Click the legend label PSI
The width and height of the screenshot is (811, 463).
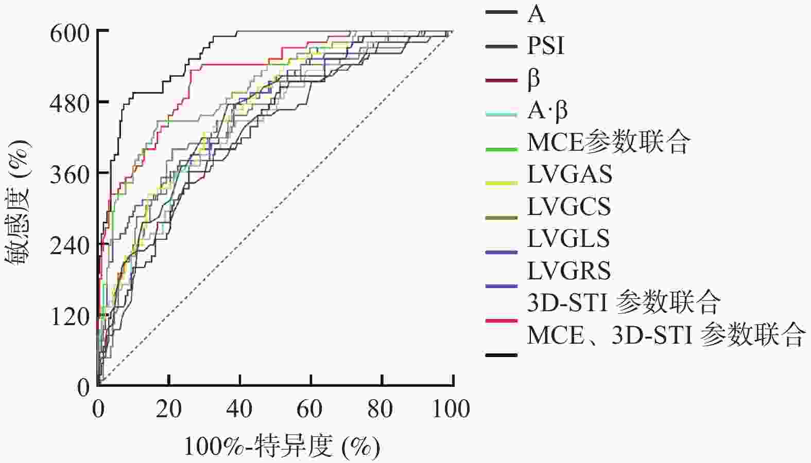tap(545, 46)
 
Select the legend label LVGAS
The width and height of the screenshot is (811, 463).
tap(570, 174)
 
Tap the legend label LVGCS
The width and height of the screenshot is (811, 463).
tap(569, 207)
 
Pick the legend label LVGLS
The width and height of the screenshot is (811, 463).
tap(568, 239)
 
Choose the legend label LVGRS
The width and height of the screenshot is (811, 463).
tap(569, 271)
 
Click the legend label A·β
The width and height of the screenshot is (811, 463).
tap(547, 111)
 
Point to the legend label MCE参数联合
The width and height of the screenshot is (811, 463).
tap(608, 143)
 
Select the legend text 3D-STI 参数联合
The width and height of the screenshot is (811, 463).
tap(624, 302)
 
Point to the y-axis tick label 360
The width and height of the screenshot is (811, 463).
tap(70, 175)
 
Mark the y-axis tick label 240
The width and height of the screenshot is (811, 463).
tap(70, 246)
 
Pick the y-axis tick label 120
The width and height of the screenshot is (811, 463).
tap(70, 317)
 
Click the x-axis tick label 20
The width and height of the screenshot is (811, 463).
tap(169, 409)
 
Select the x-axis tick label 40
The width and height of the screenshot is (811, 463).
tap(240, 409)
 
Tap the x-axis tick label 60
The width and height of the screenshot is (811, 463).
tap(311, 409)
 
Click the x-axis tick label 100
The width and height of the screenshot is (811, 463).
tap(452, 409)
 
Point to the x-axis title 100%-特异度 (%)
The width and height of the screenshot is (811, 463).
tap(282, 446)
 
